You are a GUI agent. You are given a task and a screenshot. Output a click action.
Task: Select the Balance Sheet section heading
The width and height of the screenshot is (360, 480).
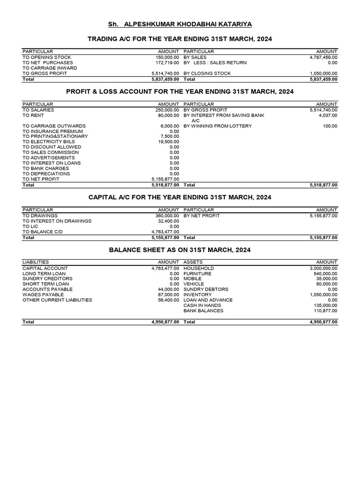tap(180, 250)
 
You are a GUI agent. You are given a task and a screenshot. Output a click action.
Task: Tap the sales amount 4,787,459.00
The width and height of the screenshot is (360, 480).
tap(323, 57)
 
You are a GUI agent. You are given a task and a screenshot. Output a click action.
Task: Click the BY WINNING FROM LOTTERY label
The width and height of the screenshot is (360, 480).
tap(217, 126)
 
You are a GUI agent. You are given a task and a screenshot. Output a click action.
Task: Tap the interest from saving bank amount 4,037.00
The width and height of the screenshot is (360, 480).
tap(328, 115)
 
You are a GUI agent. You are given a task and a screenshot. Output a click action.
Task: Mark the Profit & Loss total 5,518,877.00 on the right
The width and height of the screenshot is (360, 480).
tap(323, 185)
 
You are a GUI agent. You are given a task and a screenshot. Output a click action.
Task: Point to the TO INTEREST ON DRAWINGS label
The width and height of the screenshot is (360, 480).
tap(57, 221)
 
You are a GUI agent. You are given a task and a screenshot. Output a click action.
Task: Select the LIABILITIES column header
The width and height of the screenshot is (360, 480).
tap(36, 262)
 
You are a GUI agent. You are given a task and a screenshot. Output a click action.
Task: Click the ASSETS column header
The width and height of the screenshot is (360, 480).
tap(193, 262)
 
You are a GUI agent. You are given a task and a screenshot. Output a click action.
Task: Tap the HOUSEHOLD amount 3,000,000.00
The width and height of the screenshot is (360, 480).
tap(323, 268)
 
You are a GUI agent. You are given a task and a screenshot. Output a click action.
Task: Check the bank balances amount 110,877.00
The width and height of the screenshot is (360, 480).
tap(325, 311)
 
